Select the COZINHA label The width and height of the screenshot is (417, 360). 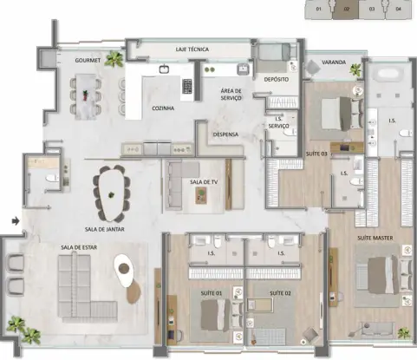162,108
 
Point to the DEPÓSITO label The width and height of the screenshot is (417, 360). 276,79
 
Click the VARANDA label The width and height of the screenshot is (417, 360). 335,63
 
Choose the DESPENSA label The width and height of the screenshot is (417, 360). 227,134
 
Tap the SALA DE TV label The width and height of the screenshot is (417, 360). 205,181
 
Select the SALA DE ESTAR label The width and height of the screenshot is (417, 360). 78,247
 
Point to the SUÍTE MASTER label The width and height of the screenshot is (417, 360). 376,236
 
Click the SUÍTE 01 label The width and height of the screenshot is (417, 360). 212,293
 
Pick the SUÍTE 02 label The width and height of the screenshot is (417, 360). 279,293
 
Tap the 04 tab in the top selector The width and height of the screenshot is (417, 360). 398,10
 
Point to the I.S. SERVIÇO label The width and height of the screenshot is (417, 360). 279,123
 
